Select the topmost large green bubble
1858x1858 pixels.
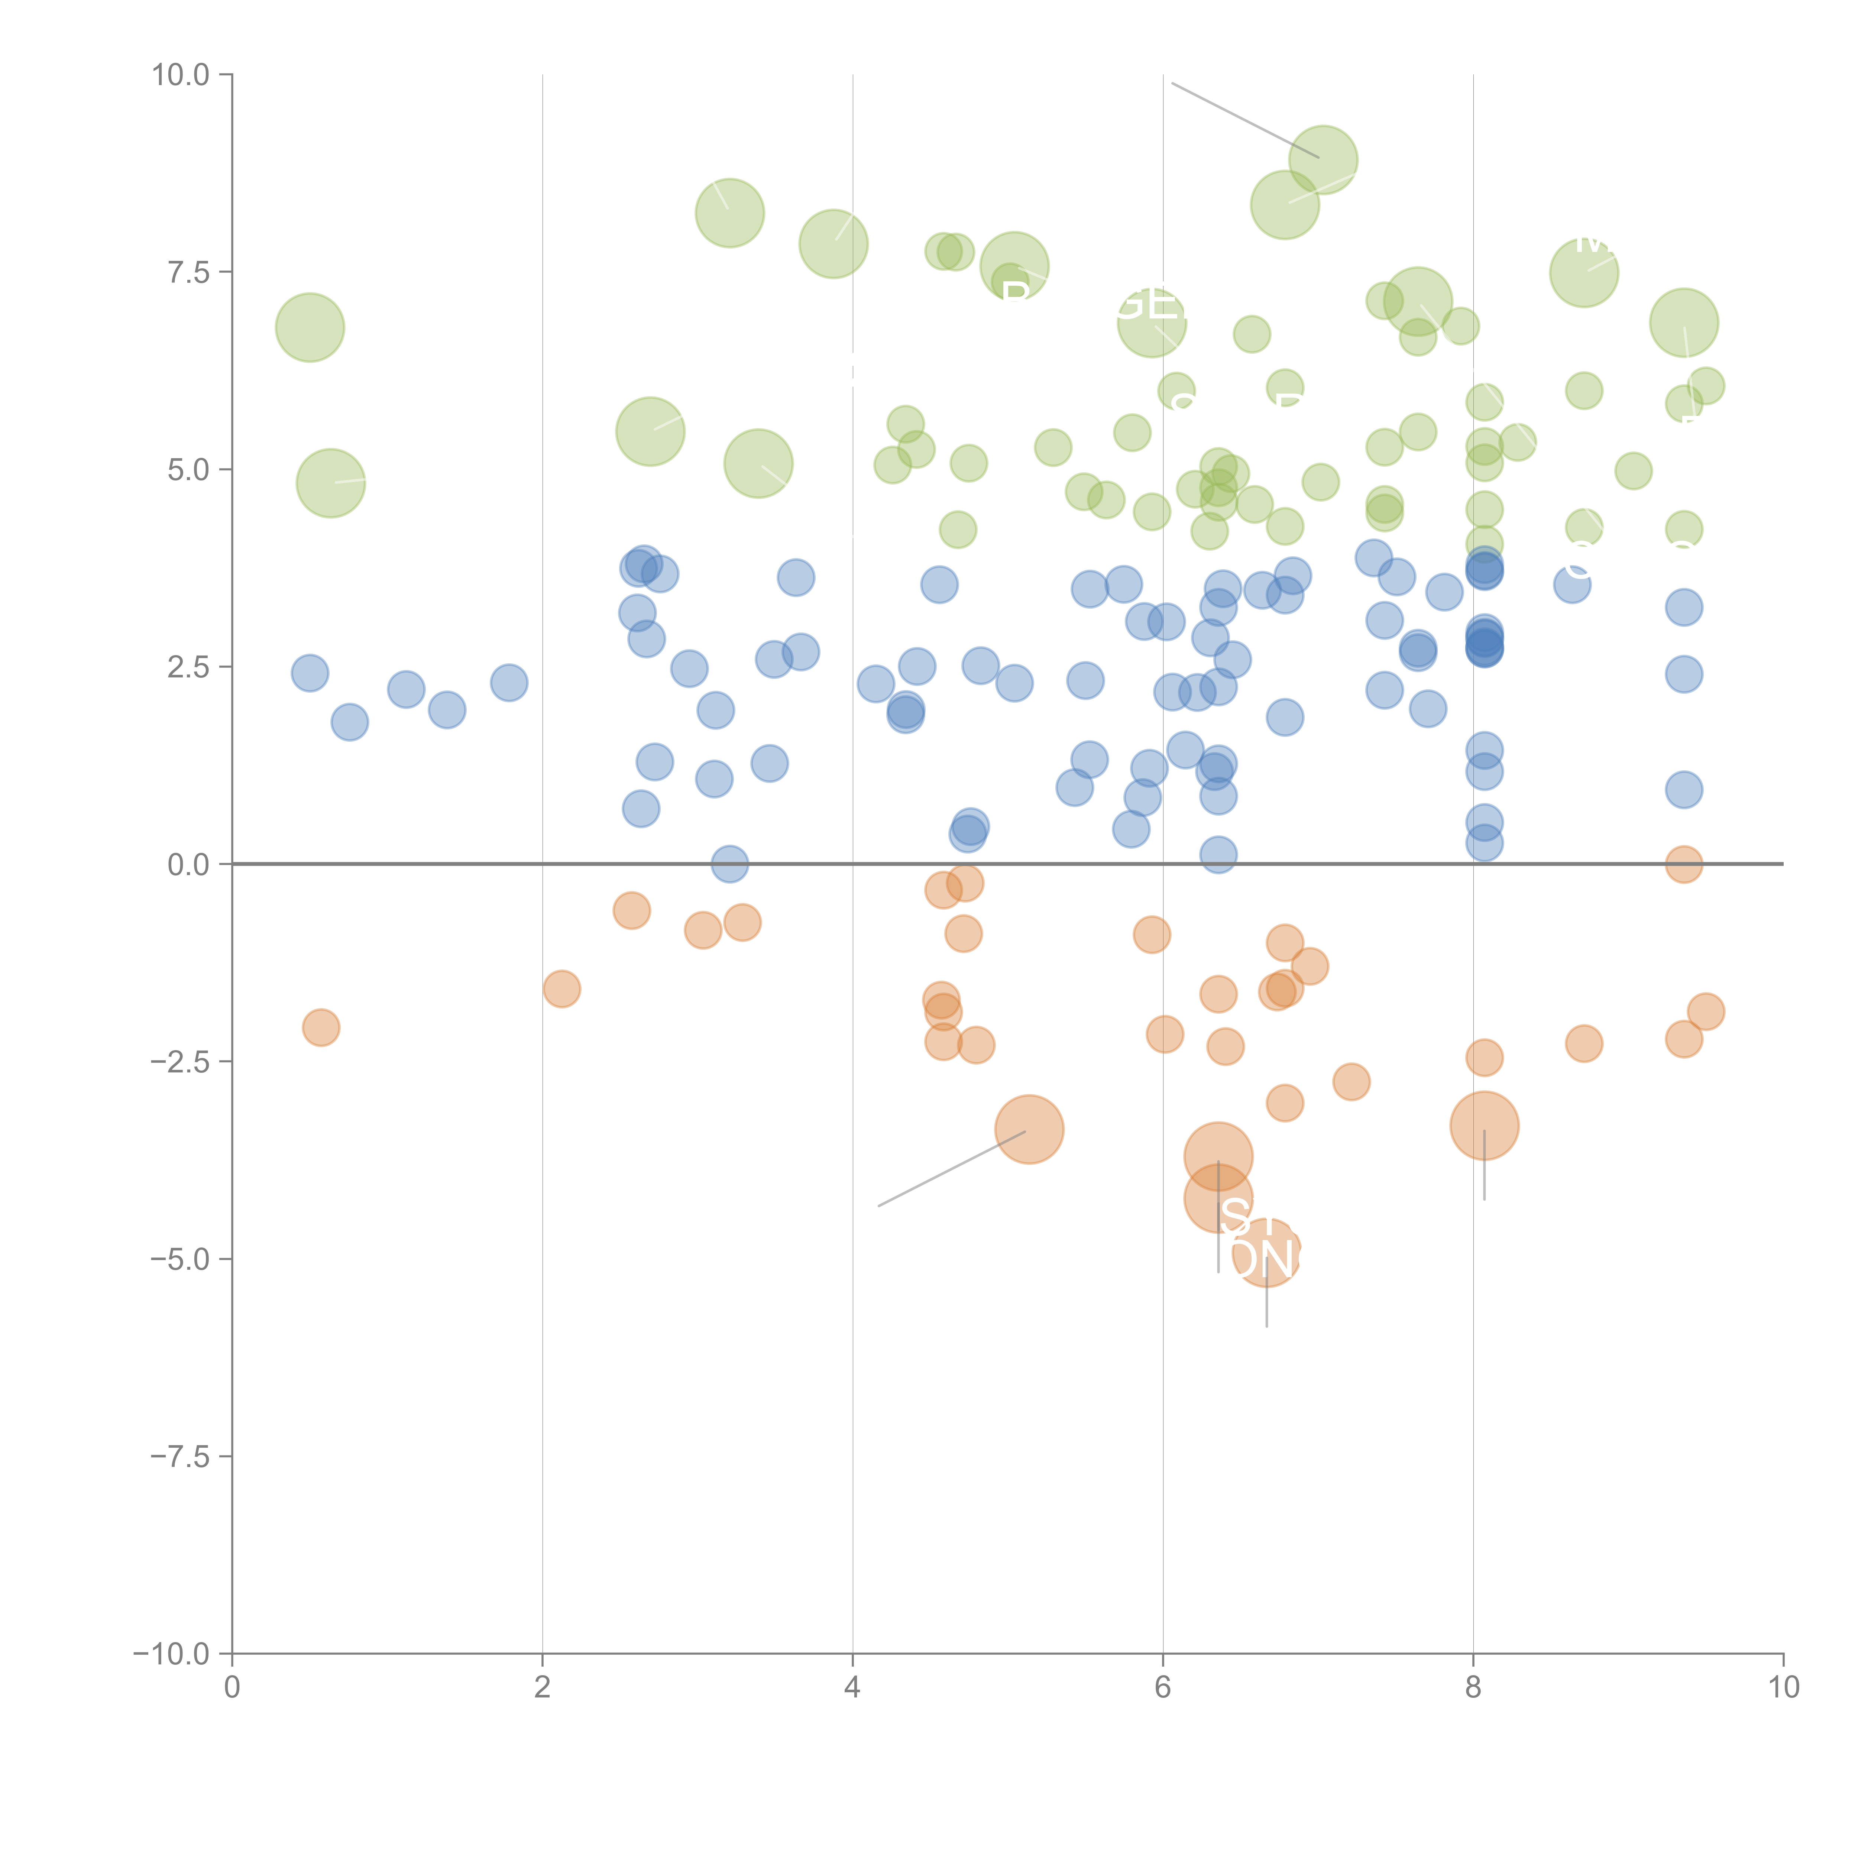1323,160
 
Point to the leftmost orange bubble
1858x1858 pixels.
321,1027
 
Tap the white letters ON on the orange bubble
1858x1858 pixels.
1262,1259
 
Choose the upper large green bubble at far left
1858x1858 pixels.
310,328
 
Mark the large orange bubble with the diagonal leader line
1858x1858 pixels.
1029,1129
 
